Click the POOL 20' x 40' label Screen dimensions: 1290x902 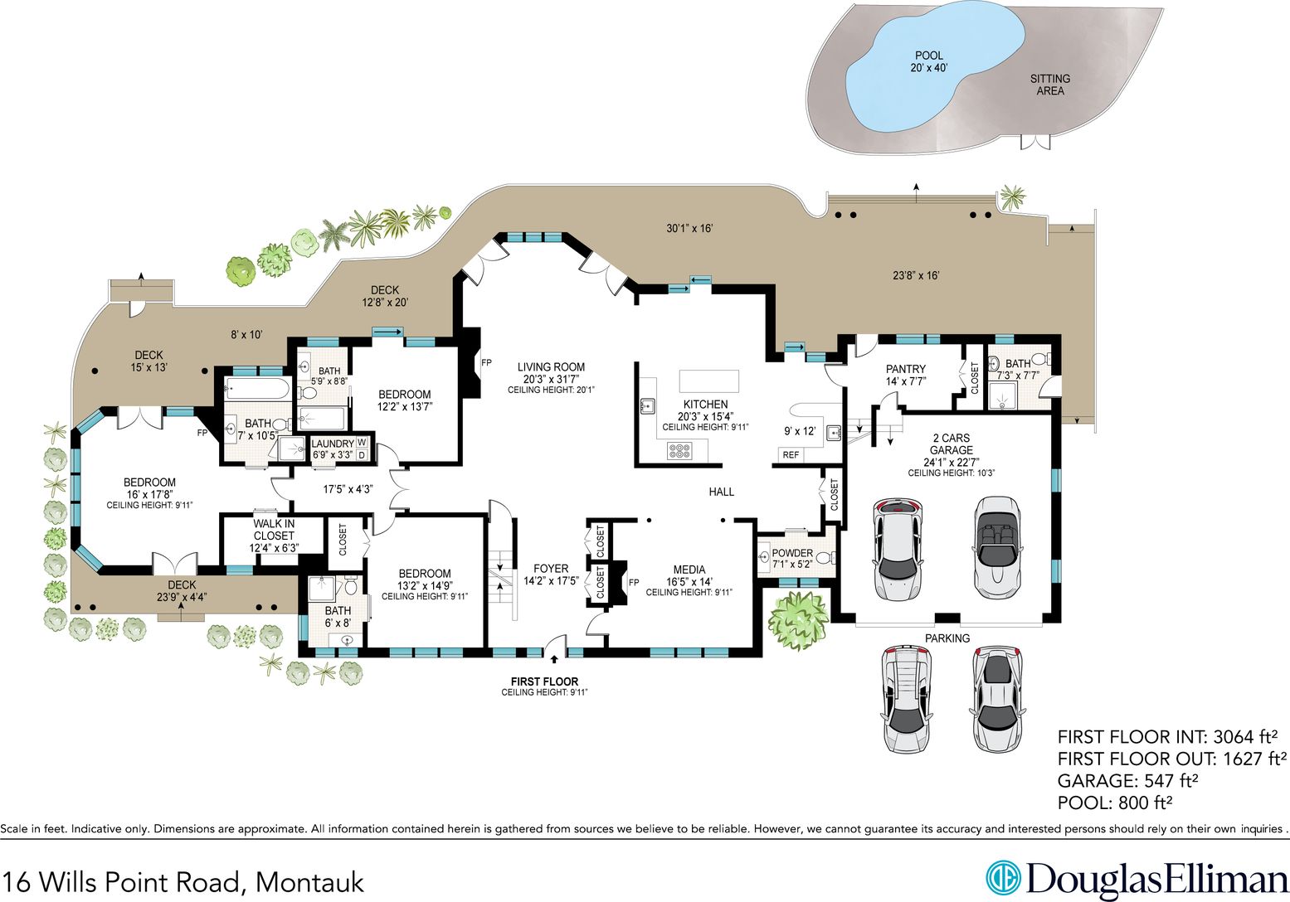coord(929,61)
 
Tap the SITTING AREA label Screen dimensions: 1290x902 coord(1050,85)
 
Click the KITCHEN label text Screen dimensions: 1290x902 coord(705,404)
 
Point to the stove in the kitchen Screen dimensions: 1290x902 coord(679,451)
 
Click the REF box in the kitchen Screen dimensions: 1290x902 coord(791,455)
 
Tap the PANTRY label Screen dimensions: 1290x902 coord(906,368)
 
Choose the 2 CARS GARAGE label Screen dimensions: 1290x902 coord(952,444)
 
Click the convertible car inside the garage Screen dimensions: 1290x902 coord(997,547)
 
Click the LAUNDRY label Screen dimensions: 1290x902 coord(333,444)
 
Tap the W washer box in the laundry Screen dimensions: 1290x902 coord(362,442)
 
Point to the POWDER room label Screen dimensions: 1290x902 coord(792,553)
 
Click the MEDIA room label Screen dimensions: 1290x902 coord(689,570)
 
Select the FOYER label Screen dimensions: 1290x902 coord(551,568)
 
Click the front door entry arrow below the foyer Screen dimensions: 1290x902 coord(554,659)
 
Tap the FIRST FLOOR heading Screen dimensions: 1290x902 coord(544,681)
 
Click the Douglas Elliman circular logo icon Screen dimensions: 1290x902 coord(1003,879)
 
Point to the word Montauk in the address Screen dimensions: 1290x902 coord(309,882)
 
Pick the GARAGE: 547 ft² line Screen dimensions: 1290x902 coord(1127,781)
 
